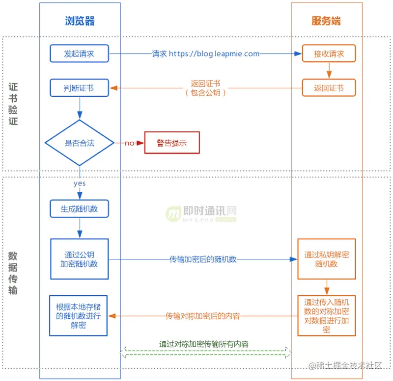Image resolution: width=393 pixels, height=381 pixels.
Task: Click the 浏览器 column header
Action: coord(80,21)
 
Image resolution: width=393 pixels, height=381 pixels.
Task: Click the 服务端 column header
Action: coord(326,21)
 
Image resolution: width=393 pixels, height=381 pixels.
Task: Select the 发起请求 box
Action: coord(79,53)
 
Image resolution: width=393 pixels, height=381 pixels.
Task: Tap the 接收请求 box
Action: coord(329,54)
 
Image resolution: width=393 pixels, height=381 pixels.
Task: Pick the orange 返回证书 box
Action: coord(329,88)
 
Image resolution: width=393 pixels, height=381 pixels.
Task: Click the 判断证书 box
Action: coord(79,88)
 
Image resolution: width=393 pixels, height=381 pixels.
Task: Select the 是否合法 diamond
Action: coord(80,143)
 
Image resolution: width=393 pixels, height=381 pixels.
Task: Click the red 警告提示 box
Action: coord(172,143)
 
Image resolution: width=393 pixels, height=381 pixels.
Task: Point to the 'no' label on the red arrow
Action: coord(129,143)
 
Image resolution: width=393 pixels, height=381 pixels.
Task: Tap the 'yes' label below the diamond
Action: coord(80,183)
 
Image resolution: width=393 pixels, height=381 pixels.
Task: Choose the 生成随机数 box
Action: coord(79,208)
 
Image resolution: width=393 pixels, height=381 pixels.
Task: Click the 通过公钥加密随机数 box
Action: coord(80,259)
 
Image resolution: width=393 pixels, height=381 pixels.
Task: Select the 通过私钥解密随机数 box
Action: coord(327,259)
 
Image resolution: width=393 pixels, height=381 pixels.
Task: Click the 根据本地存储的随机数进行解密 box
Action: coord(79,316)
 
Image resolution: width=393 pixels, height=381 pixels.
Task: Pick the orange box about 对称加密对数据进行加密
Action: coord(327,315)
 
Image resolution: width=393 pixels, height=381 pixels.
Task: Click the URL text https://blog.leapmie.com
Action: coord(214,54)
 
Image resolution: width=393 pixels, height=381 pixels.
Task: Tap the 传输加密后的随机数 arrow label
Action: coord(203,259)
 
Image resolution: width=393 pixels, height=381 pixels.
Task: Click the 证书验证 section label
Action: coord(13,103)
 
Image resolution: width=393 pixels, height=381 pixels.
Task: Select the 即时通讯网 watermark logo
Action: coord(201,212)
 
